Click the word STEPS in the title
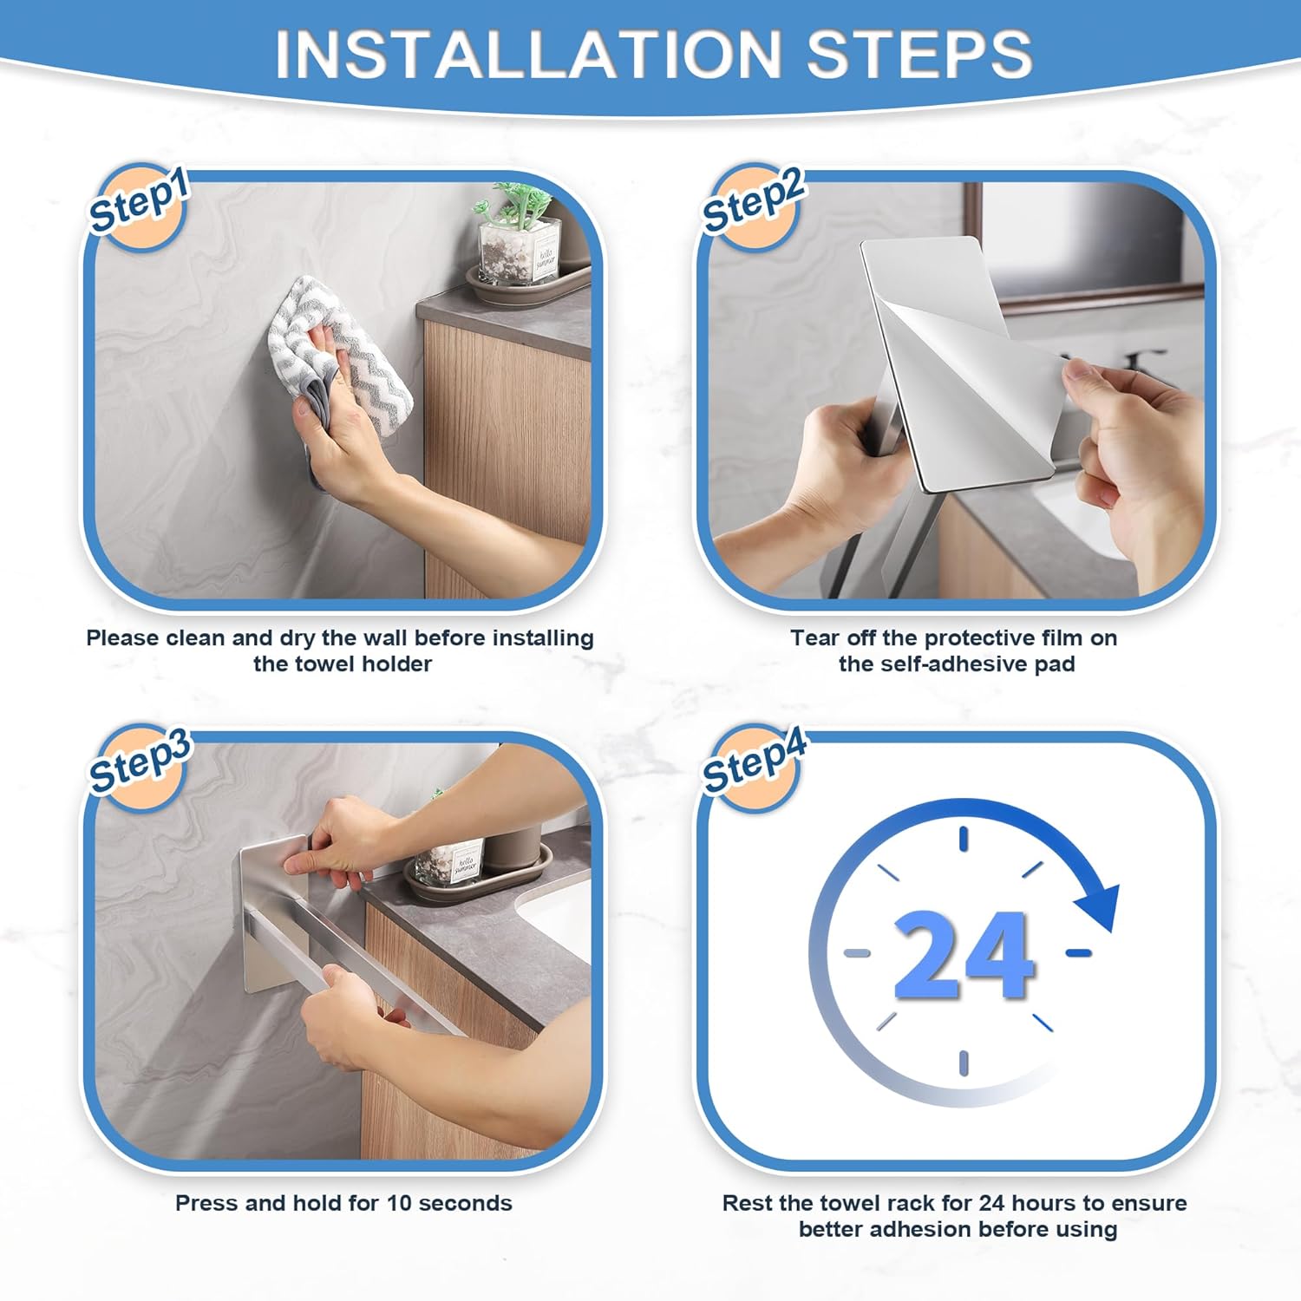[x=919, y=54]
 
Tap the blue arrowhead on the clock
[x=1100, y=906]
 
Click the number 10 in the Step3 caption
[x=399, y=1204]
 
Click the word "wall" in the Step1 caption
[x=384, y=638]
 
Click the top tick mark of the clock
[x=964, y=839]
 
